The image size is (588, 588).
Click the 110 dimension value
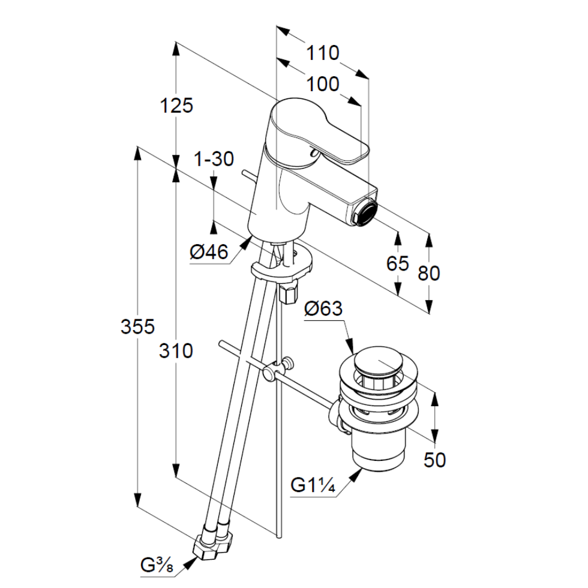coord(323,53)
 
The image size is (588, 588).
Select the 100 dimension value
coord(323,85)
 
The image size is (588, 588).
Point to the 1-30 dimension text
coord(214,160)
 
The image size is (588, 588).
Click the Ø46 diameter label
coord(209,253)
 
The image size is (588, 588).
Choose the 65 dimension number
coord(398,263)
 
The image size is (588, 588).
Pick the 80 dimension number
coord(429,274)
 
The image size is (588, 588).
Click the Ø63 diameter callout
coord(323,310)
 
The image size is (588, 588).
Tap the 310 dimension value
coord(176,350)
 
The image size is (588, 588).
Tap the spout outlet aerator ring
coord(364,212)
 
